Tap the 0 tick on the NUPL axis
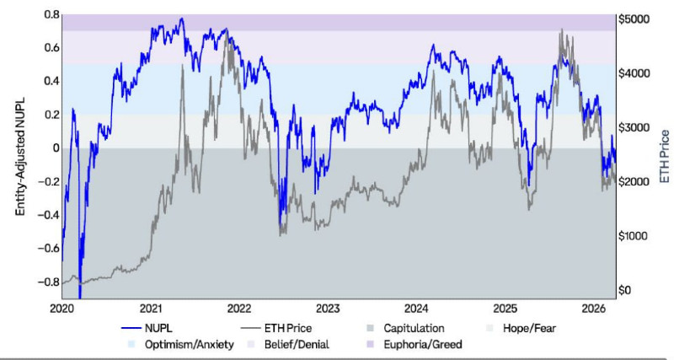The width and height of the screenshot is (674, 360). (55, 148)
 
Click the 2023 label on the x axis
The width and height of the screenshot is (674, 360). (328, 308)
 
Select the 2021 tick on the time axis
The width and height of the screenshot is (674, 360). (151, 308)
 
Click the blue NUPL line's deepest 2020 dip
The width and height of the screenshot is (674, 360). (80, 295)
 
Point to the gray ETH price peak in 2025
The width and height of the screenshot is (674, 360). (562, 31)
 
